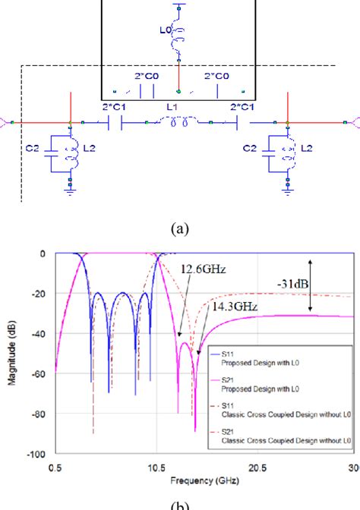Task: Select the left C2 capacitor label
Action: [x=36, y=150]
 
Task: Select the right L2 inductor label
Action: [x=306, y=150]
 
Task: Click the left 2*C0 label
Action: [x=144, y=77]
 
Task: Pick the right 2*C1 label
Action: [x=241, y=108]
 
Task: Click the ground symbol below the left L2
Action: [x=70, y=193]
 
